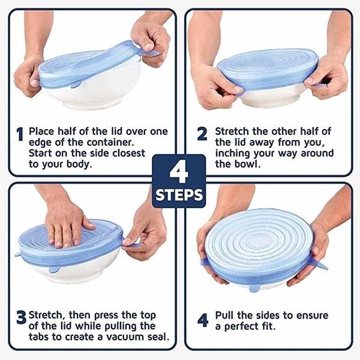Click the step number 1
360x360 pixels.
coord(20,134)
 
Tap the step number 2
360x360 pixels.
coord(202,134)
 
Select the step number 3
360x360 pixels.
coord(22,317)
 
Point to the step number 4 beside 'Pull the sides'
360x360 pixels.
coord(203,320)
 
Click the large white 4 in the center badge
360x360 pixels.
coord(179,172)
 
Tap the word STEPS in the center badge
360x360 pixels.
coord(179,195)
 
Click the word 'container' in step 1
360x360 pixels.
coord(110,143)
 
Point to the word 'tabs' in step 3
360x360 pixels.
coord(39,337)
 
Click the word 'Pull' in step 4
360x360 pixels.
coord(225,315)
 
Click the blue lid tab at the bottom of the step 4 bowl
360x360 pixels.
coord(255,288)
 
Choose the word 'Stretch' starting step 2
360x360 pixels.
coord(232,131)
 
